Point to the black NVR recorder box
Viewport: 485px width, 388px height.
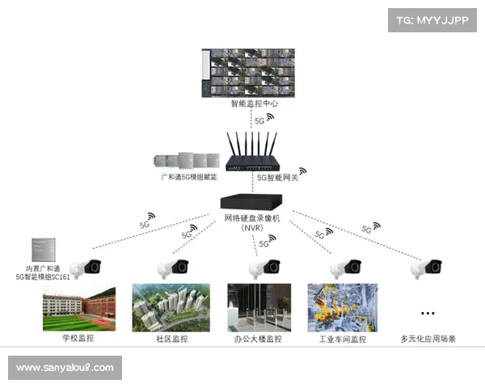pos(250,202)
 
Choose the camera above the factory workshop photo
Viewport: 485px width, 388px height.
pos(344,267)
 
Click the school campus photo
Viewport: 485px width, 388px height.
pos(78,306)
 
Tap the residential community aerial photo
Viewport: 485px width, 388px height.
pos(171,306)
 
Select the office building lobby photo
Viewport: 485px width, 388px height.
pos(258,306)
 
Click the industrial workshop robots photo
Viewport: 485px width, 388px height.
pos(342,306)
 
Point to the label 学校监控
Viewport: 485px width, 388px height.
pos(79,339)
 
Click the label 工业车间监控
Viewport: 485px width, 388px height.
pos(343,339)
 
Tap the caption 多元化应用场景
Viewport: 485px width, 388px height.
pos(428,339)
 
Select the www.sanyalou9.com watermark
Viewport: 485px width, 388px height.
pos(65,368)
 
